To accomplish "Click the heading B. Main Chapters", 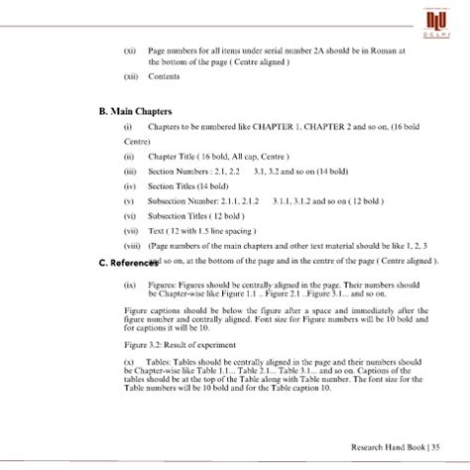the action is (136, 112).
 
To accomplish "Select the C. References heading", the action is (128, 262).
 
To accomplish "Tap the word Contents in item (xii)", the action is (165, 76).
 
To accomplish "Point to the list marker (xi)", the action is (129, 50).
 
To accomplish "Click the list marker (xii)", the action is (130, 76).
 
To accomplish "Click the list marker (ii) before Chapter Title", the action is (128, 157).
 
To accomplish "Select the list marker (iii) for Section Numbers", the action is (129, 172).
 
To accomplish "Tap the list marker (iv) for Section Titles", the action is (129, 186).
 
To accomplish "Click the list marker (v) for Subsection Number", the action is (128, 201).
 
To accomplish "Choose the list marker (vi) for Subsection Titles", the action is (129, 216).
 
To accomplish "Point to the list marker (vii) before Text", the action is (130, 230).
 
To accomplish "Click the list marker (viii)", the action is (132, 245).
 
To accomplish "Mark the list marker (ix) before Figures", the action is (129, 285).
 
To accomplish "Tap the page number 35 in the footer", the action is (435, 446).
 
